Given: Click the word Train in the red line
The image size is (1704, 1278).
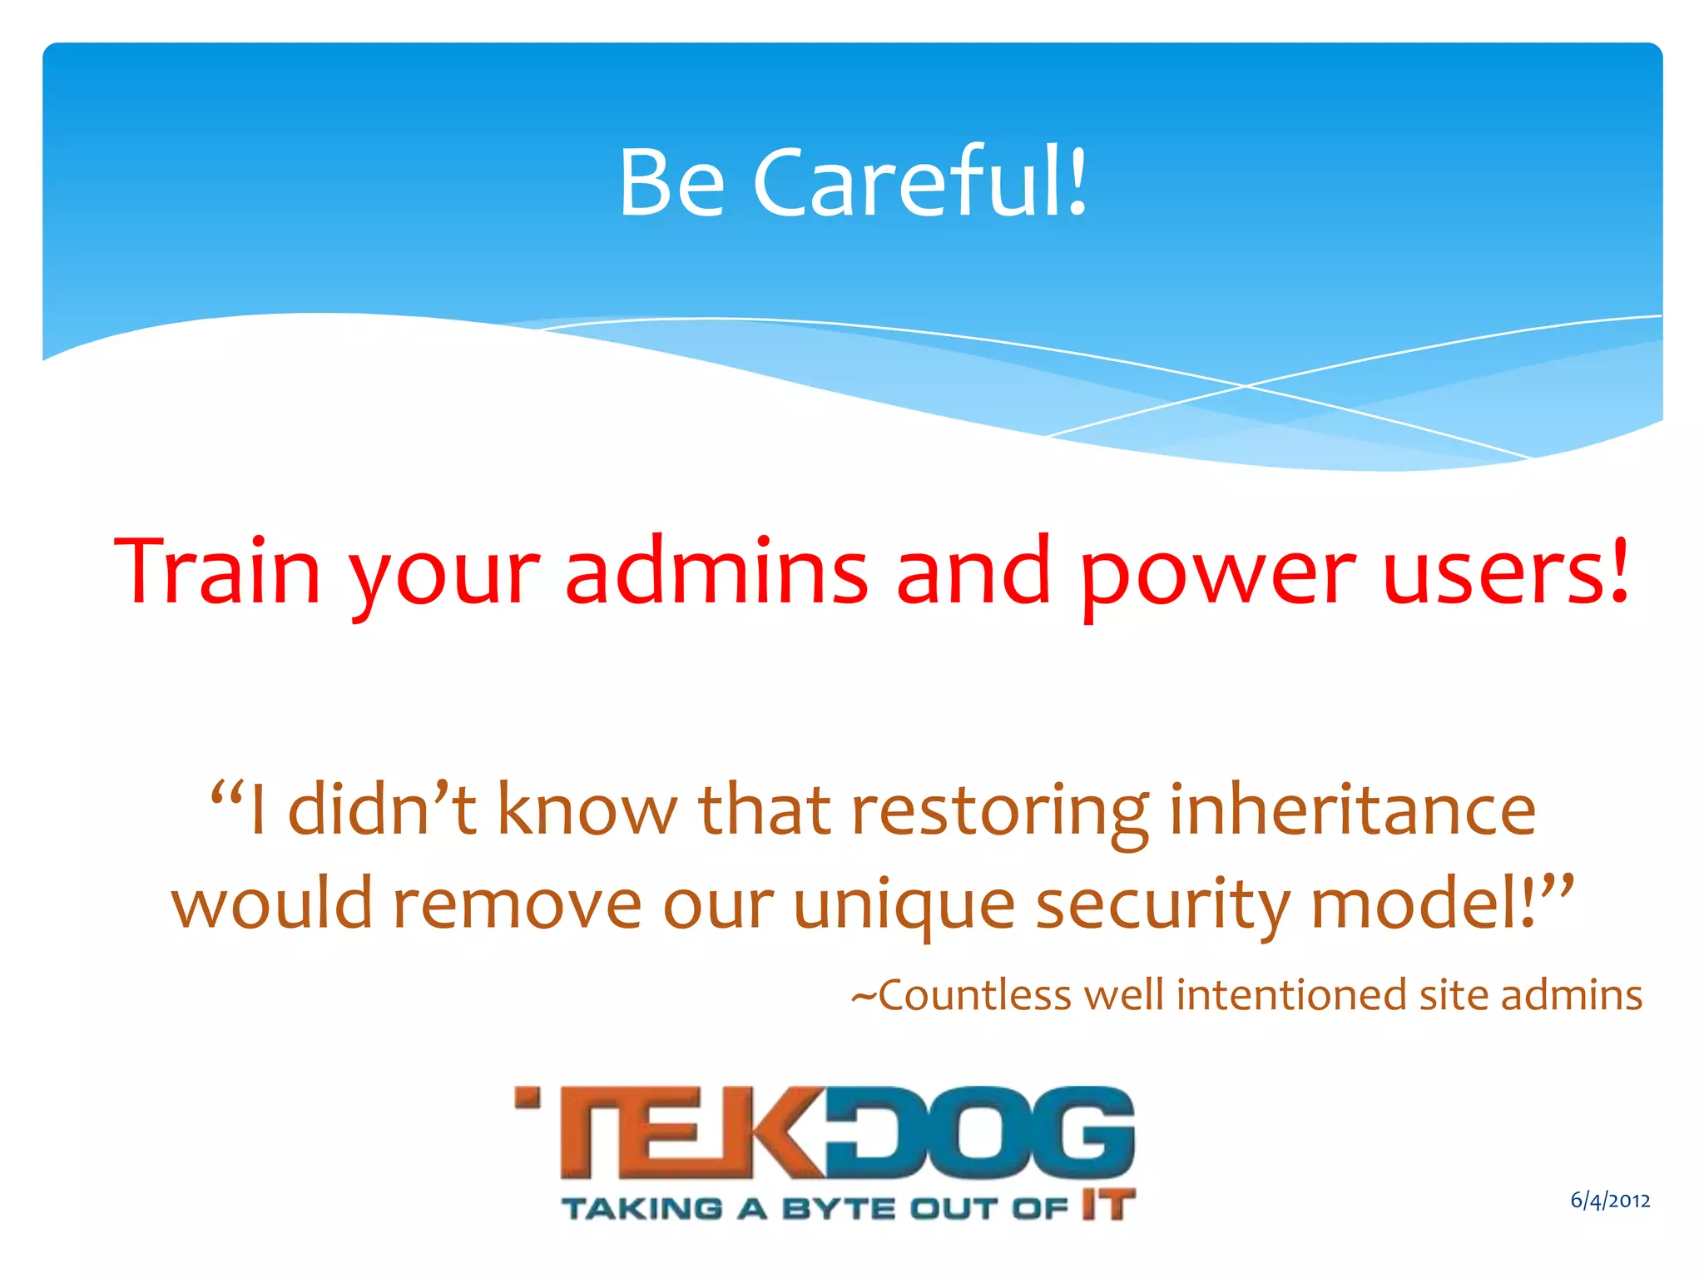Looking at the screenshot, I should point(217,572).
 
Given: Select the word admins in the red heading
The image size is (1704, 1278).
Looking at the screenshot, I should point(716,572).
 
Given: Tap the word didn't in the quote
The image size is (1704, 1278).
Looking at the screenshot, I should point(382,809).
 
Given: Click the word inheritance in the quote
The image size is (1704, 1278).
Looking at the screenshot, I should point(1352,809).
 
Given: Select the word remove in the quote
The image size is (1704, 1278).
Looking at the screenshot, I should point(517,904).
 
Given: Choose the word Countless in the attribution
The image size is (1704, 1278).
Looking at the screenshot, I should point(974,995).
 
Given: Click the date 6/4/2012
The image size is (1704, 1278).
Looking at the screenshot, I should point(1610,1200).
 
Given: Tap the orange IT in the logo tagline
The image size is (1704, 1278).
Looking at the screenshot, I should point(1108,1205).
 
